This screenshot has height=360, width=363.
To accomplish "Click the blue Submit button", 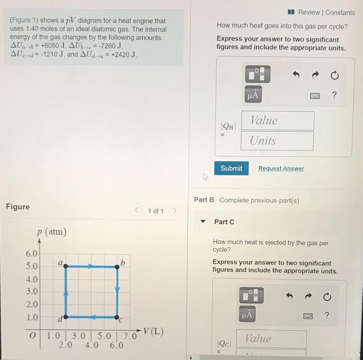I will (x=231, y=168).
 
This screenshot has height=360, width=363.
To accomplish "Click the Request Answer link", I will (x=281, y=169).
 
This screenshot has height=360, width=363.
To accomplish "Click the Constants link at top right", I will (x=340, y=12).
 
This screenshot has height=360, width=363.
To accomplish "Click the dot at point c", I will (x=118, y=316).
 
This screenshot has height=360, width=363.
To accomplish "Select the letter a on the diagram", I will (x=60, y=263).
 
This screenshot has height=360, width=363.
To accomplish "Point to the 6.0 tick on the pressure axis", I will (x=31, y=254).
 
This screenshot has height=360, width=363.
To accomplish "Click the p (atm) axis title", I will (x=51, y=232).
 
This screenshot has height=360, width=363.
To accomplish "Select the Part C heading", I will (x=224, y=221).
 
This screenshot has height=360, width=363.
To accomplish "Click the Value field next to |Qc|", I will (x=271, y=339).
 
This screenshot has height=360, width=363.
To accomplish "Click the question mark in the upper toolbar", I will (x=334, y=95).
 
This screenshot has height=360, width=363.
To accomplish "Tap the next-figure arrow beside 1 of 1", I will (x=175, y=211).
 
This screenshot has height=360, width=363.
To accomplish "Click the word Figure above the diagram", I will (x=18, y=207).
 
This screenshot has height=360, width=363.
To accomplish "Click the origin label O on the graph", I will (x=32, y=336).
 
